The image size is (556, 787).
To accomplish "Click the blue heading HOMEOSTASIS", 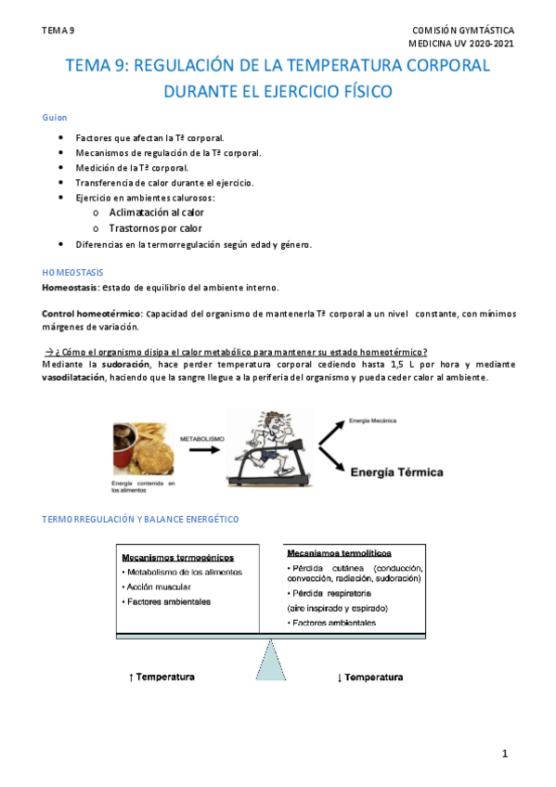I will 73,272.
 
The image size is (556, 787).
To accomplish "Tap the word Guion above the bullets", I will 55,119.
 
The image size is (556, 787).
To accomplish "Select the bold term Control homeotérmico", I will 91,314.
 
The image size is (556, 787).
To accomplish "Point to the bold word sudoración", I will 123,365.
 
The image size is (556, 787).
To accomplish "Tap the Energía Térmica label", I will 396,471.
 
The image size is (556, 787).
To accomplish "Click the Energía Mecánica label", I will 373,421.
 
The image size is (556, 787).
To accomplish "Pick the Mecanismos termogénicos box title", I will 177,557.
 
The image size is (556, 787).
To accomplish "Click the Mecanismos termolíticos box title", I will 339,552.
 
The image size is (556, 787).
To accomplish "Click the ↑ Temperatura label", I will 162,677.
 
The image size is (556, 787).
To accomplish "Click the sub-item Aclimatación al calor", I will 156,213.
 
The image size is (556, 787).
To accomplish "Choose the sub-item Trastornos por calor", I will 155,227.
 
